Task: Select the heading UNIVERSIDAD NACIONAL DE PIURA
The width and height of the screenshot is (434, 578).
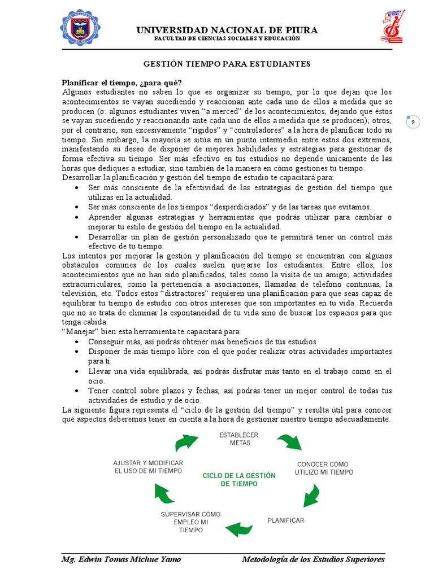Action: pyautogui.click(x=227, y=30)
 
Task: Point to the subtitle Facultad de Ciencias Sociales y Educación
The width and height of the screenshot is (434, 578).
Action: pyautogui.click(x=227, y=38)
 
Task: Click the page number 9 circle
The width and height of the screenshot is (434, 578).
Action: pyautogui.click(x=413, y=122)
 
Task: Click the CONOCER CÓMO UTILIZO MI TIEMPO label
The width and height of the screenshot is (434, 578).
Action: pyautogui.click(x=324, y=468)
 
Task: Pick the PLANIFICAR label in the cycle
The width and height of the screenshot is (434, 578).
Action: pyautogui.click(x=286, y=520)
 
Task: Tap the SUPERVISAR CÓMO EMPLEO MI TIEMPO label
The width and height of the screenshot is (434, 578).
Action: pyautogui.click(x=191, y=522)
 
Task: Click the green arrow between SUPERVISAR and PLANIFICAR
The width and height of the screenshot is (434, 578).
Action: pyautogui.click(x=239, y=528)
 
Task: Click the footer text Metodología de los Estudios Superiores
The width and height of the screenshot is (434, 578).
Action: pyautogui.click(x=313, y=559)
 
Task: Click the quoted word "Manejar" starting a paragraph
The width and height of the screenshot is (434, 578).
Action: pyautogui.click(x=77, y=332)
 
